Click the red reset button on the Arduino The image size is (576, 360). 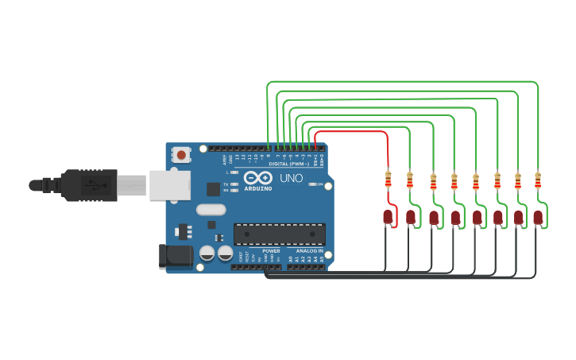click(182, 155)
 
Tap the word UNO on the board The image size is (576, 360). click(292, 179)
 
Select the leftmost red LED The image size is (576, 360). click(388, 216)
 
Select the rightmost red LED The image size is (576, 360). click(538, 217)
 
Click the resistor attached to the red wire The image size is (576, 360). click(388, 179)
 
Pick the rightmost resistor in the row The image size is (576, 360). click(538, 180)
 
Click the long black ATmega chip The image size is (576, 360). click(279, 234)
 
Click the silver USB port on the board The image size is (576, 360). click(170, 184)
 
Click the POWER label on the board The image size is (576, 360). click(271, 251)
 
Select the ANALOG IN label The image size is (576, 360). click(310, 251)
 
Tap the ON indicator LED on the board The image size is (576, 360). click(312, 184)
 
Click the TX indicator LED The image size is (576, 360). click(234, 184)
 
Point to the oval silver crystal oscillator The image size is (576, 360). click(211, 210)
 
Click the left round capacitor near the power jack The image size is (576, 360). click(207, 253)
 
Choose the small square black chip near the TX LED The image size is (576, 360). click(213, 189)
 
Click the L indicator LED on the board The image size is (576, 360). click(234, 172)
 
